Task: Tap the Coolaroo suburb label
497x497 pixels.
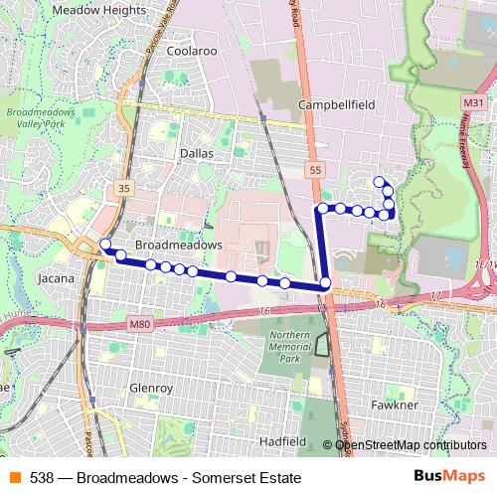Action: pos(193,49)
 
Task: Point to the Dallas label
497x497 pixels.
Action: pos(197,153)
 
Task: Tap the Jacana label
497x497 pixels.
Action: pos(56,279)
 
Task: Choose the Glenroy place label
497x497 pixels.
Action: pos(151,389)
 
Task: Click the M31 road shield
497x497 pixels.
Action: pos(473,102)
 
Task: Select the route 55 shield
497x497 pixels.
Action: pos(315,171)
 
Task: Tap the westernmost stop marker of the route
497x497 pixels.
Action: pos(105,244)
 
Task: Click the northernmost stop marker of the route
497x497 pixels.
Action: pos(379,181)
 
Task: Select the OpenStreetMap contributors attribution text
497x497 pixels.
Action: pos(411,445)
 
